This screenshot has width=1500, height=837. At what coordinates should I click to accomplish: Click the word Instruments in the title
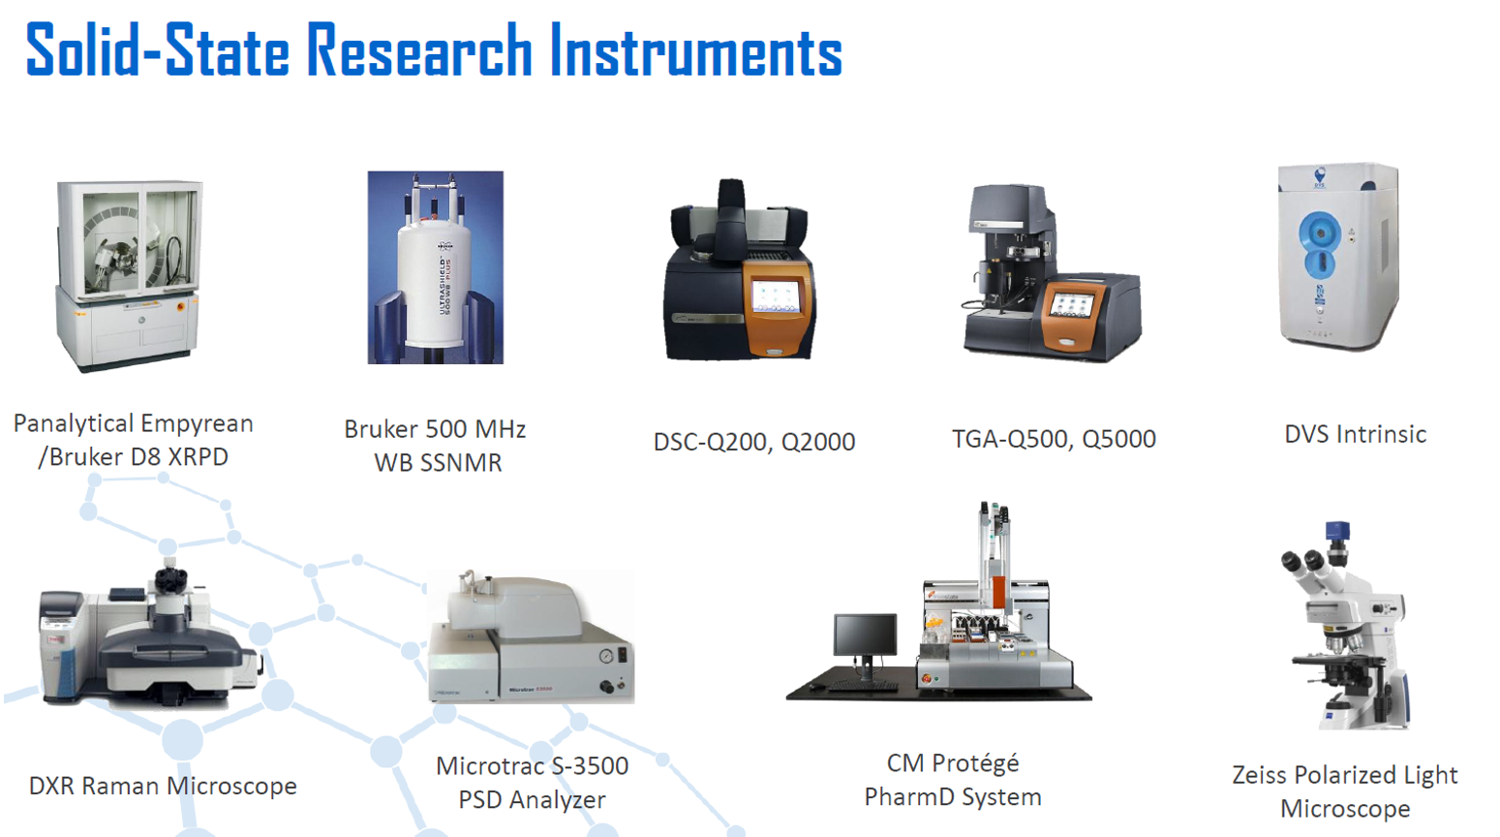pos(696,50)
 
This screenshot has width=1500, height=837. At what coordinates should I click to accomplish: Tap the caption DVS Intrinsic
pos(1356,434)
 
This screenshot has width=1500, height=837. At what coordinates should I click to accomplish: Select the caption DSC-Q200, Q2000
pos(754,442)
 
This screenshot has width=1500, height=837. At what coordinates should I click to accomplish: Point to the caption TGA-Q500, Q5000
pos(1054,439)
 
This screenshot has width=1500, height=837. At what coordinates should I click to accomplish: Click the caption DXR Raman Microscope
pos(163,786)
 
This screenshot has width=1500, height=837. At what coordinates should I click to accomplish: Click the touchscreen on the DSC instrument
pos(776,296)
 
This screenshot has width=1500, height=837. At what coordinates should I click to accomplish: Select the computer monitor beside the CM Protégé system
pos(865,635)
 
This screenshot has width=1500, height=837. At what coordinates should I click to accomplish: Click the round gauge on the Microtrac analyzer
pos(606,657)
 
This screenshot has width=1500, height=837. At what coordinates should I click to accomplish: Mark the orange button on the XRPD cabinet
pos(180,307)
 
